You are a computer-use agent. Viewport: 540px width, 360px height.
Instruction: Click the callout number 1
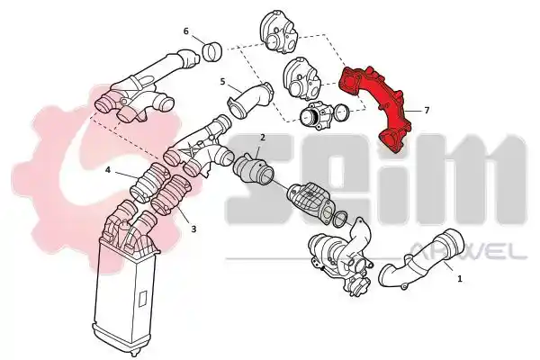(459, 278)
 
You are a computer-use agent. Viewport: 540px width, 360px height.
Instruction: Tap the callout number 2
(263, 138)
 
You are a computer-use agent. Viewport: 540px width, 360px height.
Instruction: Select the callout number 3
(193, 229)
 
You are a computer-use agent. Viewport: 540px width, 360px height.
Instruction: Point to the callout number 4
(108, 170)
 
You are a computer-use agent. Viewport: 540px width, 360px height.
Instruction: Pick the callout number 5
(222, 82)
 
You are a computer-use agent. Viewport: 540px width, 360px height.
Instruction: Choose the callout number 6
(186, 31)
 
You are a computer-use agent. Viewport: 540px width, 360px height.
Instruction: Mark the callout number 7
(427, 110)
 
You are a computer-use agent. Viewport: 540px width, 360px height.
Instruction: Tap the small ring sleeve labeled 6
(211, 52)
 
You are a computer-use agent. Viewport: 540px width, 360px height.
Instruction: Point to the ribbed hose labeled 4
(148, 183)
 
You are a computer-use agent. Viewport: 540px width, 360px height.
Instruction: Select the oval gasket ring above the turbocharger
(340, 219)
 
